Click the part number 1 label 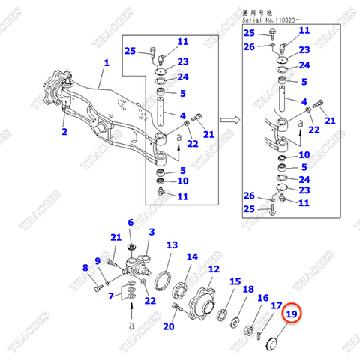point(106,64)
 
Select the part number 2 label point(64,133)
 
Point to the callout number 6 point(130,223)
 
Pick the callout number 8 point(85,268)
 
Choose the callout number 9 point(97,259)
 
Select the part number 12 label point(214,269)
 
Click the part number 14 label point(192,256)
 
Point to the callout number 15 point(235,282)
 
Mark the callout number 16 point(262,297)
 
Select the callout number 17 point(276,305)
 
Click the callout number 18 point(248,289)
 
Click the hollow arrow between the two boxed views point(231,119)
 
